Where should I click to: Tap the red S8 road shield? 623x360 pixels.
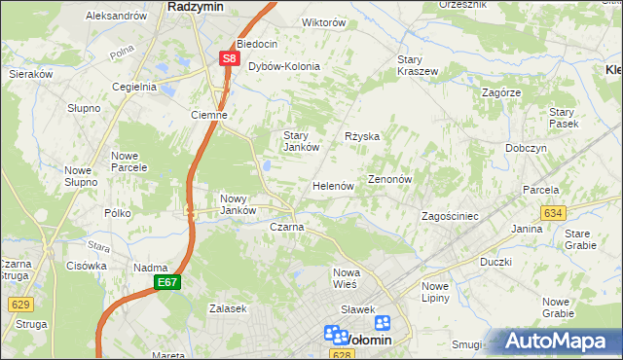click(228, 58)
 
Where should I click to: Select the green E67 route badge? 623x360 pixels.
click(166, 282)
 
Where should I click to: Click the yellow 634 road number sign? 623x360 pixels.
click(554, 212)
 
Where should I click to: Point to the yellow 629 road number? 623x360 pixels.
click(20, 305)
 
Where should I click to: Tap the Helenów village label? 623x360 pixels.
click(332, 186)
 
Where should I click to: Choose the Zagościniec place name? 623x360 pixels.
click(449, 216)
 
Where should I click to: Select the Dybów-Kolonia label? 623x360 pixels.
click(284, 66)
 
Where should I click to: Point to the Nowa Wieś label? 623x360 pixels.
click(346, 277)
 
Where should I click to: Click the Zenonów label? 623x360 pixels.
click(391, 180)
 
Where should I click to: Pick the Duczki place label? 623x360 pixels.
click(495, 262)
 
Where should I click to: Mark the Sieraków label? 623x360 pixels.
click(30, 73)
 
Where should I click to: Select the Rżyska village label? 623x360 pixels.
click(362, 136)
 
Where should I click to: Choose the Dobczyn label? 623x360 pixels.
click(526, 148)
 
